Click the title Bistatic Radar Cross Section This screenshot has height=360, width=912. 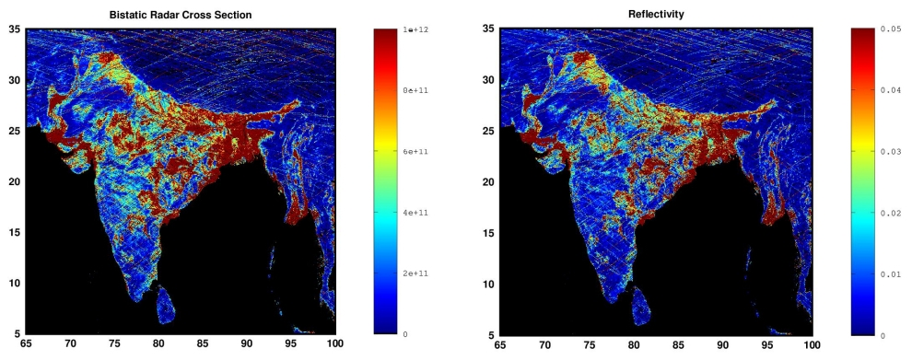[181, 16]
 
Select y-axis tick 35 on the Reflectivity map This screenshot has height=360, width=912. [490, 29]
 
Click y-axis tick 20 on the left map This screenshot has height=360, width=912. [16, 182]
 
